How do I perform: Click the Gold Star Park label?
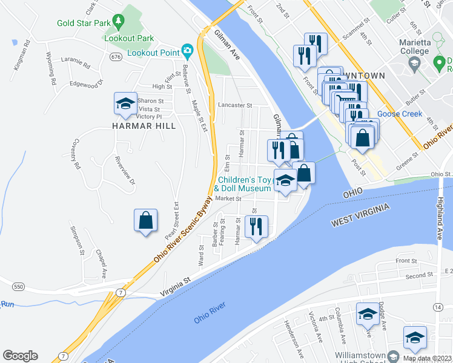84,24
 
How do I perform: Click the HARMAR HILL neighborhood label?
144,126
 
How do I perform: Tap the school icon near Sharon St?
125,103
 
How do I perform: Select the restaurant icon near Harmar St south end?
256,226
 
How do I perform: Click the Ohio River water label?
210,316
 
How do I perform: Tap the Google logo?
20,356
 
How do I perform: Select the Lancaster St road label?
234,105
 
